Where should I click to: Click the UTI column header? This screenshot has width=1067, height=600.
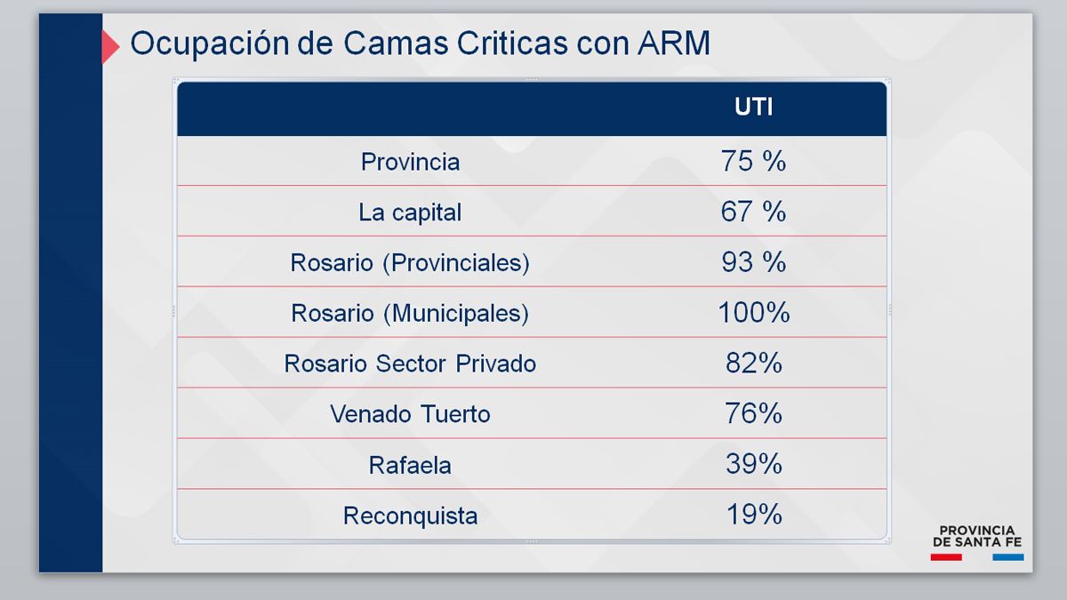[x=754, y=107]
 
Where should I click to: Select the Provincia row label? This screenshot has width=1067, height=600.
[x=410, y=162]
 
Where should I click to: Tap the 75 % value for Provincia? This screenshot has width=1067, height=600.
[x=754, y=161]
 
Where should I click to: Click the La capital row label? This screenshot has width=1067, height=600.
[x=410, y=212]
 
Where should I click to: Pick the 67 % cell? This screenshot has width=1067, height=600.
[x=754, y=212]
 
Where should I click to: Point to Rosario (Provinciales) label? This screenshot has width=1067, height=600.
[x=410, y=263]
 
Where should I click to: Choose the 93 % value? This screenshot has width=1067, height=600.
[x=754, y=262]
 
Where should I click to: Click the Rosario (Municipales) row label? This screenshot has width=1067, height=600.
[x=410, y=313]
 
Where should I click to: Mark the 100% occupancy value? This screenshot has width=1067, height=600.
[x=754, y=313]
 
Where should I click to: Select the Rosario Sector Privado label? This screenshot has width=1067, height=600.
[x=410, y=364]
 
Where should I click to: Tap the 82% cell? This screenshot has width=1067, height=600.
[x=754, y=364]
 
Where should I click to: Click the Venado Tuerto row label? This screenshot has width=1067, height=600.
[x=410, y=414]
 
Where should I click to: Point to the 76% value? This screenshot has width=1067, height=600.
[x=754, y=413]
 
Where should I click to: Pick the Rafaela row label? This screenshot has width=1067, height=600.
[x=410, y=465]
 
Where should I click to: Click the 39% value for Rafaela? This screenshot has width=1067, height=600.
[x=754, y=464]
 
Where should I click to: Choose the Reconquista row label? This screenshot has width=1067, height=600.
[x=410, y=516]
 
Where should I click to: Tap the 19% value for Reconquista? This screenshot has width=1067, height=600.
[x=754, y=515]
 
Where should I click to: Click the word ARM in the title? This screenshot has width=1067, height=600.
[x=674, y=44]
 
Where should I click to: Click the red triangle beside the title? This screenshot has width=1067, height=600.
[x=110, y=46]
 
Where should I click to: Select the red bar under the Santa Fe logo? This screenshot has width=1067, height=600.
[x=946, y=557]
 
